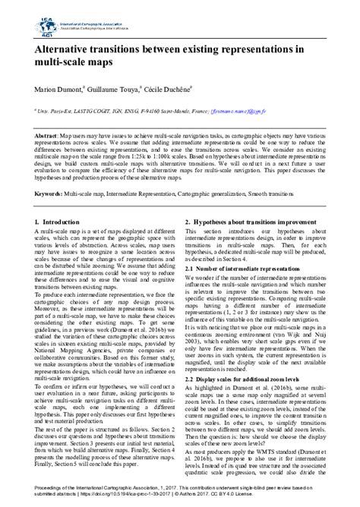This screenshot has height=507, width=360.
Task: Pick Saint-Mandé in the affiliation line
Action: [x=175, y=111]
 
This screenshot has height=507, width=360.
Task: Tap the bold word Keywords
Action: [x=49, y=194]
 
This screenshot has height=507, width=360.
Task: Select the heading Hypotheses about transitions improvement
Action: [x=262, y=222]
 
